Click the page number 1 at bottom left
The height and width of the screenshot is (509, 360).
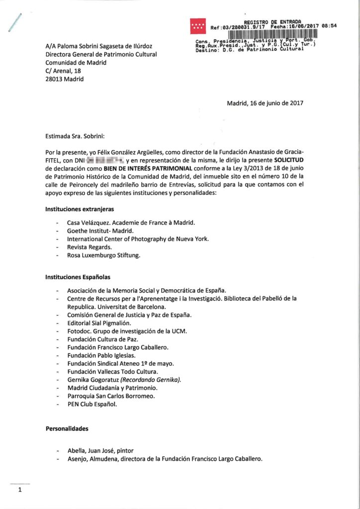coord(20,490)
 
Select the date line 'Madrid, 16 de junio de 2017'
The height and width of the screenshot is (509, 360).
coord(265,103)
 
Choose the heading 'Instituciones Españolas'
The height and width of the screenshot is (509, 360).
coord(78,276)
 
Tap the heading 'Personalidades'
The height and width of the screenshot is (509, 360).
coord(67,427)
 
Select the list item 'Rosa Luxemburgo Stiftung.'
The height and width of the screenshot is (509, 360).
coord(104,255)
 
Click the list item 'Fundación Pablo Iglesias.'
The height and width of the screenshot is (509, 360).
coord(101,355)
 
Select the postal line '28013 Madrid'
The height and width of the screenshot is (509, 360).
coord(65,79)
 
